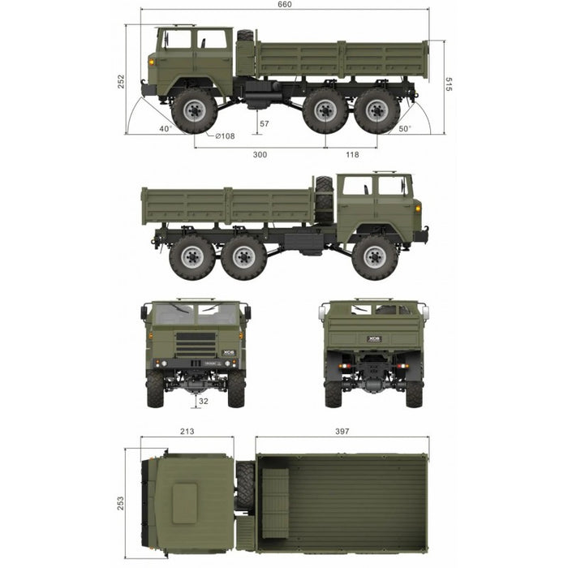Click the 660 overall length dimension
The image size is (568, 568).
click(284, 4)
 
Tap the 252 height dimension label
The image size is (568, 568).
click(121, 81)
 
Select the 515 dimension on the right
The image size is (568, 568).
click(449, 84)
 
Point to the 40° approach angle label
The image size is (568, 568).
click(166, 128)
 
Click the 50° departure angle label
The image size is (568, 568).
click(405, 128)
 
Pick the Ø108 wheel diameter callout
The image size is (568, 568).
click(225, 136)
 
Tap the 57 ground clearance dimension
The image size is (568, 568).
click(265, 124)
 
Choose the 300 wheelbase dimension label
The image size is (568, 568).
click(260, 155)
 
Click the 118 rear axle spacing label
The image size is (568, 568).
click(352, 155)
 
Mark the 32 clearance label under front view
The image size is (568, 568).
click(204, 401)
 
